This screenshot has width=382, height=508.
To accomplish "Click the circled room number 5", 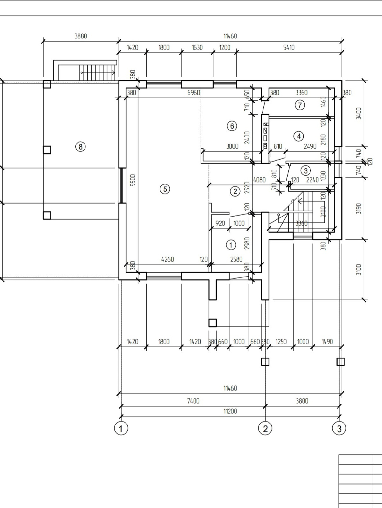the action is [x=165, y=189].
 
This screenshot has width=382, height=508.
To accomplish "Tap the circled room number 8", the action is [x=80, y=147].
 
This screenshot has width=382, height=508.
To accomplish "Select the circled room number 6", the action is [x=232, y=126].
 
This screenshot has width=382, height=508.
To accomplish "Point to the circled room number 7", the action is [x=300, y=105].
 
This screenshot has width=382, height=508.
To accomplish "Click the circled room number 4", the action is [x=299, y=136].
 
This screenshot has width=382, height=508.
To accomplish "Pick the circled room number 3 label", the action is [x=305, y=171].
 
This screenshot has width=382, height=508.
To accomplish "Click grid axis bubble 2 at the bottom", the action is [x=265, y=428].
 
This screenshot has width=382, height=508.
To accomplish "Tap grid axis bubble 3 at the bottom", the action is [x=339, y=428].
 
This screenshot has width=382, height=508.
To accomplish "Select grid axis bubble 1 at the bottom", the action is [x=121, y=428].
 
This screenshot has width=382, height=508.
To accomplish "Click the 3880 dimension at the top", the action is [x=81, y=36].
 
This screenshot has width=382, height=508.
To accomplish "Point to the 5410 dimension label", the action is [x=289, y=48].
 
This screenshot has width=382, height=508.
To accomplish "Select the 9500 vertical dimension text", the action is [x=133, y=180].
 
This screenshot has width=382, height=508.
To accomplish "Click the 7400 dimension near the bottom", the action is [x=193, y=401].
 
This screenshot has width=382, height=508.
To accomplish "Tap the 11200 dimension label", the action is [x=230, y=411].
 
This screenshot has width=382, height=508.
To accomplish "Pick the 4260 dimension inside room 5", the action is [x=167, y=259].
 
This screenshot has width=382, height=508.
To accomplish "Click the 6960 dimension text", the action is [x=194, y=93].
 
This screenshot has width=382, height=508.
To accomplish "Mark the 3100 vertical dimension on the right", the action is [x=358, y=269].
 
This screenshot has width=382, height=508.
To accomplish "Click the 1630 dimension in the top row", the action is [x=197, y=48].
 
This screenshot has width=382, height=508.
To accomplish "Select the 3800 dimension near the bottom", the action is [x=302, y=401].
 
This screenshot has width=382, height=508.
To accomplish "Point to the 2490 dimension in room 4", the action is [x=310, y=146].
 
